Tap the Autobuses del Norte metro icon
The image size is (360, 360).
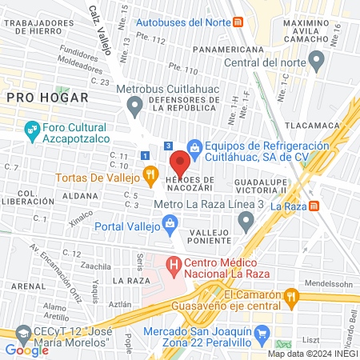point(238,22)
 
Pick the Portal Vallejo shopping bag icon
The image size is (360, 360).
point(170,225)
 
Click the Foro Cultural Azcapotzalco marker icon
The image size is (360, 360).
point(32,129)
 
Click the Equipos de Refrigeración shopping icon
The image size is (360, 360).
point(193,146)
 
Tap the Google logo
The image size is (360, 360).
point(26,350)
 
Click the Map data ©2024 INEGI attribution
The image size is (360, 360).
point(312,354)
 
